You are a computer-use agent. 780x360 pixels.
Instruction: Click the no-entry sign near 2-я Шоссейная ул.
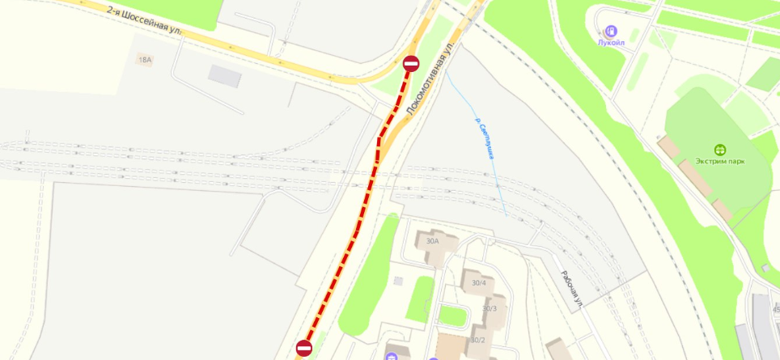411,64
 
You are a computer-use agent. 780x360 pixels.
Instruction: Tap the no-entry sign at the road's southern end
304,348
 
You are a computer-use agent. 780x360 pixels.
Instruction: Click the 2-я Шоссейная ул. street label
145,19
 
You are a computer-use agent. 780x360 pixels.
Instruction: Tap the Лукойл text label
611,43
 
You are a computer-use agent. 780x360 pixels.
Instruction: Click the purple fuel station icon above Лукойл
611,30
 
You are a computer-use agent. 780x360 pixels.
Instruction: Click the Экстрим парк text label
719,162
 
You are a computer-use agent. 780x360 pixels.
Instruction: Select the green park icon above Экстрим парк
719,150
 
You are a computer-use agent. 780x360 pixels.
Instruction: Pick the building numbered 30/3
490,308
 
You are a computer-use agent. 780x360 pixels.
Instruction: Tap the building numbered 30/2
477,339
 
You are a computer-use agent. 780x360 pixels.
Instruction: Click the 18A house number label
145,60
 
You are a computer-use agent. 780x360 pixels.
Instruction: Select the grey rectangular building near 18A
224,75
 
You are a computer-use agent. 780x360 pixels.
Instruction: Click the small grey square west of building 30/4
398,281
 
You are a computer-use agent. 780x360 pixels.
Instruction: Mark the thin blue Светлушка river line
477,121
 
